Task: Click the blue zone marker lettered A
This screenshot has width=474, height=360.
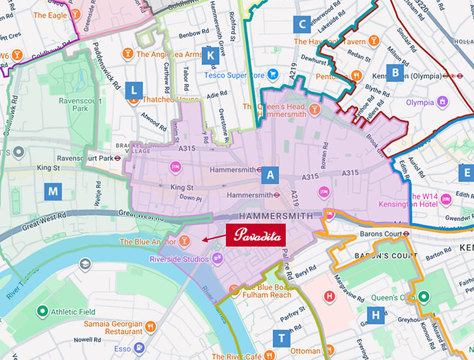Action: click(270, 175)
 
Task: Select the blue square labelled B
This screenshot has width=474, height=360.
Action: click(396, 73)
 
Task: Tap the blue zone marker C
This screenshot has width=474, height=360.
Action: click(301, 24)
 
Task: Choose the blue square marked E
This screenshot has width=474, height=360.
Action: click(465, 173)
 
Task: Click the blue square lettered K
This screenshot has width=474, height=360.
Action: click(210, 55)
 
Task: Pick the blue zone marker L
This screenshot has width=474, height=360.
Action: click(133, 91)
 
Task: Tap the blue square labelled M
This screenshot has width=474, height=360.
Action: click(54, 192)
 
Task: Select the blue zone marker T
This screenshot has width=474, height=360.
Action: click(281, 338)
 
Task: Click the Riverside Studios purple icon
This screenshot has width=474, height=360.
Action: click(216, 259)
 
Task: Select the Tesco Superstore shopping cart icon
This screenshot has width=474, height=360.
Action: click(273, 75)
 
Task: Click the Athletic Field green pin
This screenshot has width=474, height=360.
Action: click(42, 311)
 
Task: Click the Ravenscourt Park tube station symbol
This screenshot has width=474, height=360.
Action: click(125, 157)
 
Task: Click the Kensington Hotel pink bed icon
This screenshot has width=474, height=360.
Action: click(446, 198)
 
